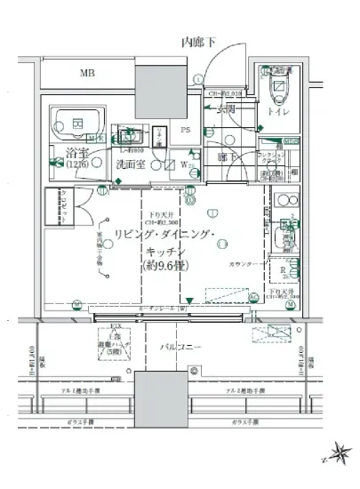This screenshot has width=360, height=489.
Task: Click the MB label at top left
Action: tap(86, 73)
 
